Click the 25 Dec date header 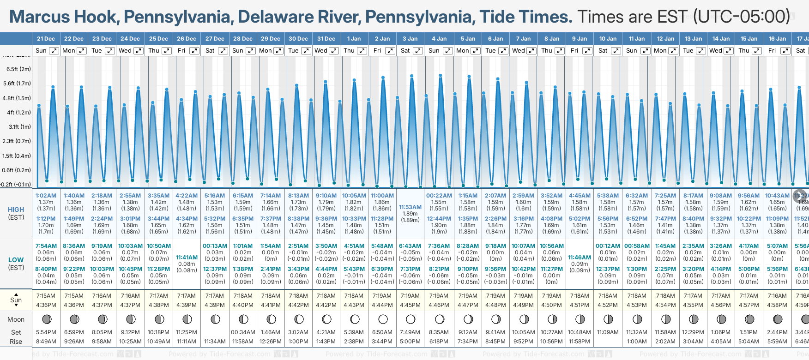[x=158, y=39]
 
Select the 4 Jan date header [x=439, y=39]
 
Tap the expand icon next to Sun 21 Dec [x=54, y=51]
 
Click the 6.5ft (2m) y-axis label [x=18, y=69]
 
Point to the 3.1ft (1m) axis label [x=19, y=126]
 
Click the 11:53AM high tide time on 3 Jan [x=410, y=207]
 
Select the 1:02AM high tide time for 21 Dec [x=46, y=196]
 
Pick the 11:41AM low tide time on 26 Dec [x=187, y=258]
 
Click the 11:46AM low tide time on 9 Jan [x=580, y=258]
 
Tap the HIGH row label [x=16, y=210]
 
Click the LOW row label [x=16, y=260]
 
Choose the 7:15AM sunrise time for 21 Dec [x=46, y=296]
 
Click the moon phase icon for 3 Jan [x=411, y=319]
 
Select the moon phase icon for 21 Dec [x=46, y=319]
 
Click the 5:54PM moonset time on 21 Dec [x=46, y=332]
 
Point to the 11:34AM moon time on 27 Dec [x=215, y=342]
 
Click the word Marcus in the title [x=40, y=17]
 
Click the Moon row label [x=16, y=319]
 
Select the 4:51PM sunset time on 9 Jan [x=580, y=305]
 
